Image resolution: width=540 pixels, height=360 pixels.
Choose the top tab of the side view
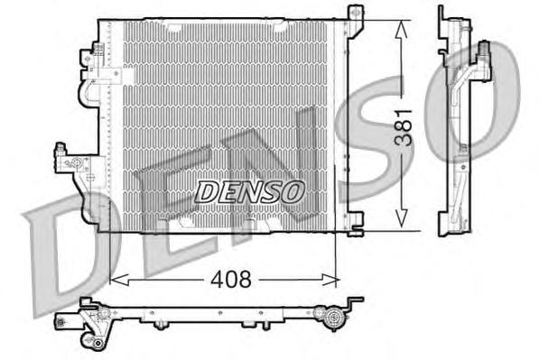pos(442,16)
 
